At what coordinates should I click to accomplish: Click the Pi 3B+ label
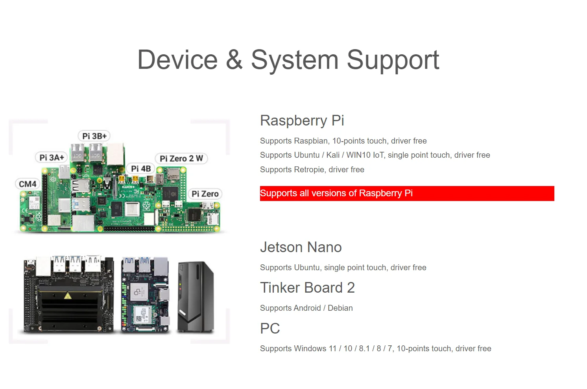[x=94, y=136]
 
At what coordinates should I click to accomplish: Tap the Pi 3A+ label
[x=52, y=157]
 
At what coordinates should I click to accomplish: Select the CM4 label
[x=28, y=184]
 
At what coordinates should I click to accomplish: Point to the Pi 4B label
[x=141, y=168]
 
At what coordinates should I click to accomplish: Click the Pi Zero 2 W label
[x=181, y=159]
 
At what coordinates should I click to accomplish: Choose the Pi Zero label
[x=205, y=194]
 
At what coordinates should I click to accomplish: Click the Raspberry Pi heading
[x=302, y=120]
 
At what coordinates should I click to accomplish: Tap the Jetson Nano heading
[x=301, y=247]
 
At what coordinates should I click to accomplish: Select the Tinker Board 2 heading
[x=307, y=288]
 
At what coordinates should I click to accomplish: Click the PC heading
[x=270, y=328]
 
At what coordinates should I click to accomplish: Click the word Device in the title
[x=177, y=60]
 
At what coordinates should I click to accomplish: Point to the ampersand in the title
[x=234, y=60]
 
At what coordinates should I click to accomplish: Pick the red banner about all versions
[x=407, y=193]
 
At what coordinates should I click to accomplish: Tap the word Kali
[x=333, y=155]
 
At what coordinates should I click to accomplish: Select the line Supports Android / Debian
[x=306, y=308]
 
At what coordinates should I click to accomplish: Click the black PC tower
[x=196, y=297]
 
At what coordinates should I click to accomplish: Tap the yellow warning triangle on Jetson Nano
[x=68, y=296]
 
